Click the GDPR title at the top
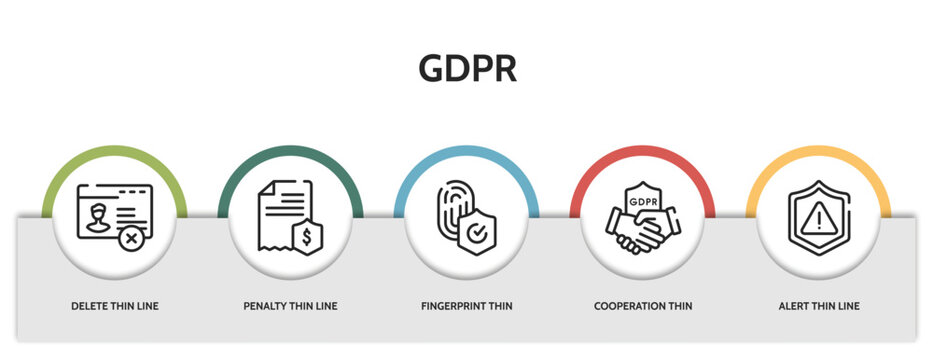467,67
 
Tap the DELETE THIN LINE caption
114,306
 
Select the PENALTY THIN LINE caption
290,306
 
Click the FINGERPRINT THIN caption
466,306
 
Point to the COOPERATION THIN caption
642,306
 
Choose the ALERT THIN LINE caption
818,306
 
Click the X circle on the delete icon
129,239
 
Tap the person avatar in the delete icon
97,217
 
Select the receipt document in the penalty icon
280,210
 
